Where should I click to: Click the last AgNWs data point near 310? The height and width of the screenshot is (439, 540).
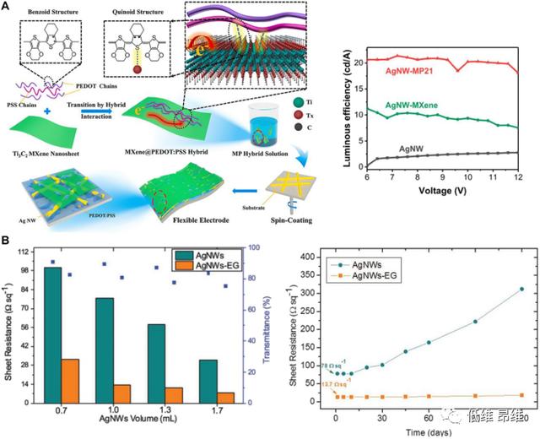[x=522, y=289]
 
